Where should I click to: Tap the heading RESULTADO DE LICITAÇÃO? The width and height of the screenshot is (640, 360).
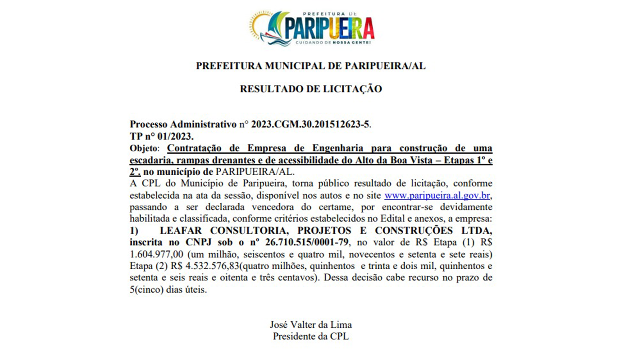311,89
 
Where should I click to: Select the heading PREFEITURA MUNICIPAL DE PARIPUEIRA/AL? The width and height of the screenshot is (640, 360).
311,66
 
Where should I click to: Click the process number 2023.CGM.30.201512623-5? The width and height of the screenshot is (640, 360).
310,124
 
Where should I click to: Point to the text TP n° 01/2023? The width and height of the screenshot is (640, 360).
162,136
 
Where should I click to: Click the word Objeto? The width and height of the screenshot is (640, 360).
144,148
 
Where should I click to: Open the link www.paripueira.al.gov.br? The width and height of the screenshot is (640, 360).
437,196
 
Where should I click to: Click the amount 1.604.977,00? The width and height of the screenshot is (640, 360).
156,254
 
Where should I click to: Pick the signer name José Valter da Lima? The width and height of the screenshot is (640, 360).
311,324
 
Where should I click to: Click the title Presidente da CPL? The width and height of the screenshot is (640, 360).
311,336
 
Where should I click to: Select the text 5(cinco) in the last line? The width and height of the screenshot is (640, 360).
147,290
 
